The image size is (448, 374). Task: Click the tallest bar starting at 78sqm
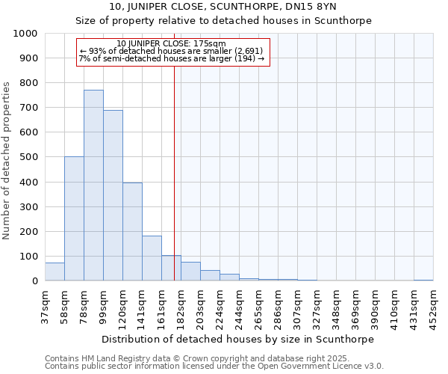coord(93,186)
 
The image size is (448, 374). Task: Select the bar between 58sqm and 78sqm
coord(74,218)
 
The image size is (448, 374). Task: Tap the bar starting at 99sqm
coord(113,195)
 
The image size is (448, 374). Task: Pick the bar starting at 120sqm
coord(132,232)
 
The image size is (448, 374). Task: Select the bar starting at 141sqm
coord(152,258)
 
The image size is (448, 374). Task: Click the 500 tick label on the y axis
coord(29,157)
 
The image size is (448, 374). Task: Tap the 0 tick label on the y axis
coord(35,281)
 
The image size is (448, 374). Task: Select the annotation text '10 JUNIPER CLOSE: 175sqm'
coord(172,43)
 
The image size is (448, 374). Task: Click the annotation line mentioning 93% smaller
coord(172,51)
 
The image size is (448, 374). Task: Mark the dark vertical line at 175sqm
coord(174,172)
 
